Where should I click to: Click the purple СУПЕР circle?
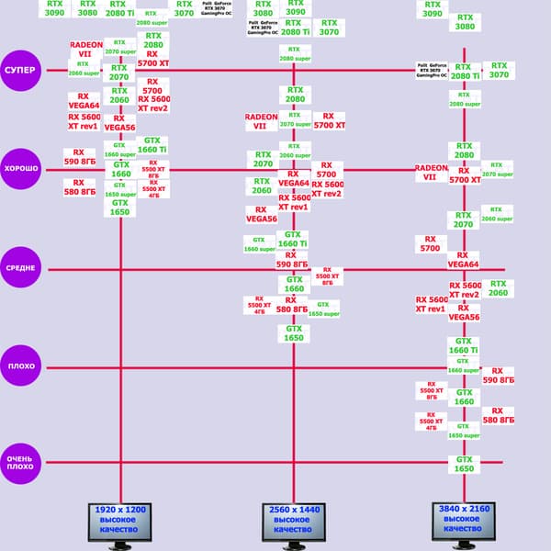pyautogui.click(x=21, y=71)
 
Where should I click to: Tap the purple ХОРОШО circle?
pyautogui.click(x=21, y=170)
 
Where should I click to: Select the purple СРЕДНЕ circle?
pyautogui.click(x=21, y=269)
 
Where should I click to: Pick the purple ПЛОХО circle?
pyautogui.click(x=21, y=365)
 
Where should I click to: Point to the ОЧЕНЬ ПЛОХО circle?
pyautogui.click(x=21, y=462)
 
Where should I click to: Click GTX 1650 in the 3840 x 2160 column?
pyautogui.click(x=465, y=464)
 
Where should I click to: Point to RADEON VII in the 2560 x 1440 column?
pyautogui.click(x=261, y=122)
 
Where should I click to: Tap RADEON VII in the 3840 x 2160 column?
pyautogui.click(x=430, y=173)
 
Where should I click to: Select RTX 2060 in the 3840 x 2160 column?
pyautogui.click(x=498, y=289)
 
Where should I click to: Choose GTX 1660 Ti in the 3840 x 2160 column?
pyautogui.click(x=463, y=345)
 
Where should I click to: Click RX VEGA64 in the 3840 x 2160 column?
pyautogui.click(x=463, y=260)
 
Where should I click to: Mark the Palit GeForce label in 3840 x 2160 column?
pyautogui.click(x=432, y=71)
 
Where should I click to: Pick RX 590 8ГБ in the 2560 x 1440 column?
pyautogui.click(x=294, y=260)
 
